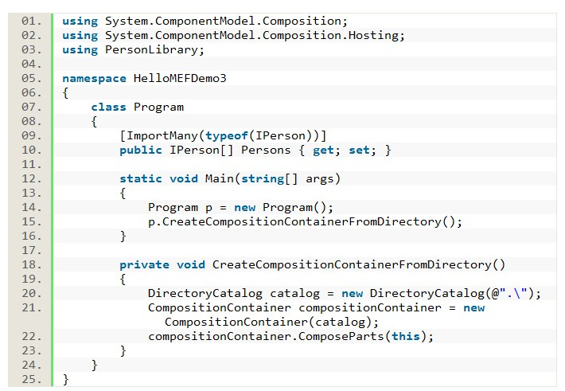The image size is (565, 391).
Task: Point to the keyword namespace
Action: pos(91,78)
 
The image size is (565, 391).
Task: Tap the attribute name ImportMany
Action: pos(158,135)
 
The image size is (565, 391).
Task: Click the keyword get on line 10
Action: pos(323,150)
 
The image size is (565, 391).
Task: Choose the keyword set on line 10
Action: pos(359,150)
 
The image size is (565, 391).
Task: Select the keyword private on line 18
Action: pos(144,264)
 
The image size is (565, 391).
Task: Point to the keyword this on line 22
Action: pos(405,336)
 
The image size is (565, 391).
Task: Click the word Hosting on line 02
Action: pos(377,35)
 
